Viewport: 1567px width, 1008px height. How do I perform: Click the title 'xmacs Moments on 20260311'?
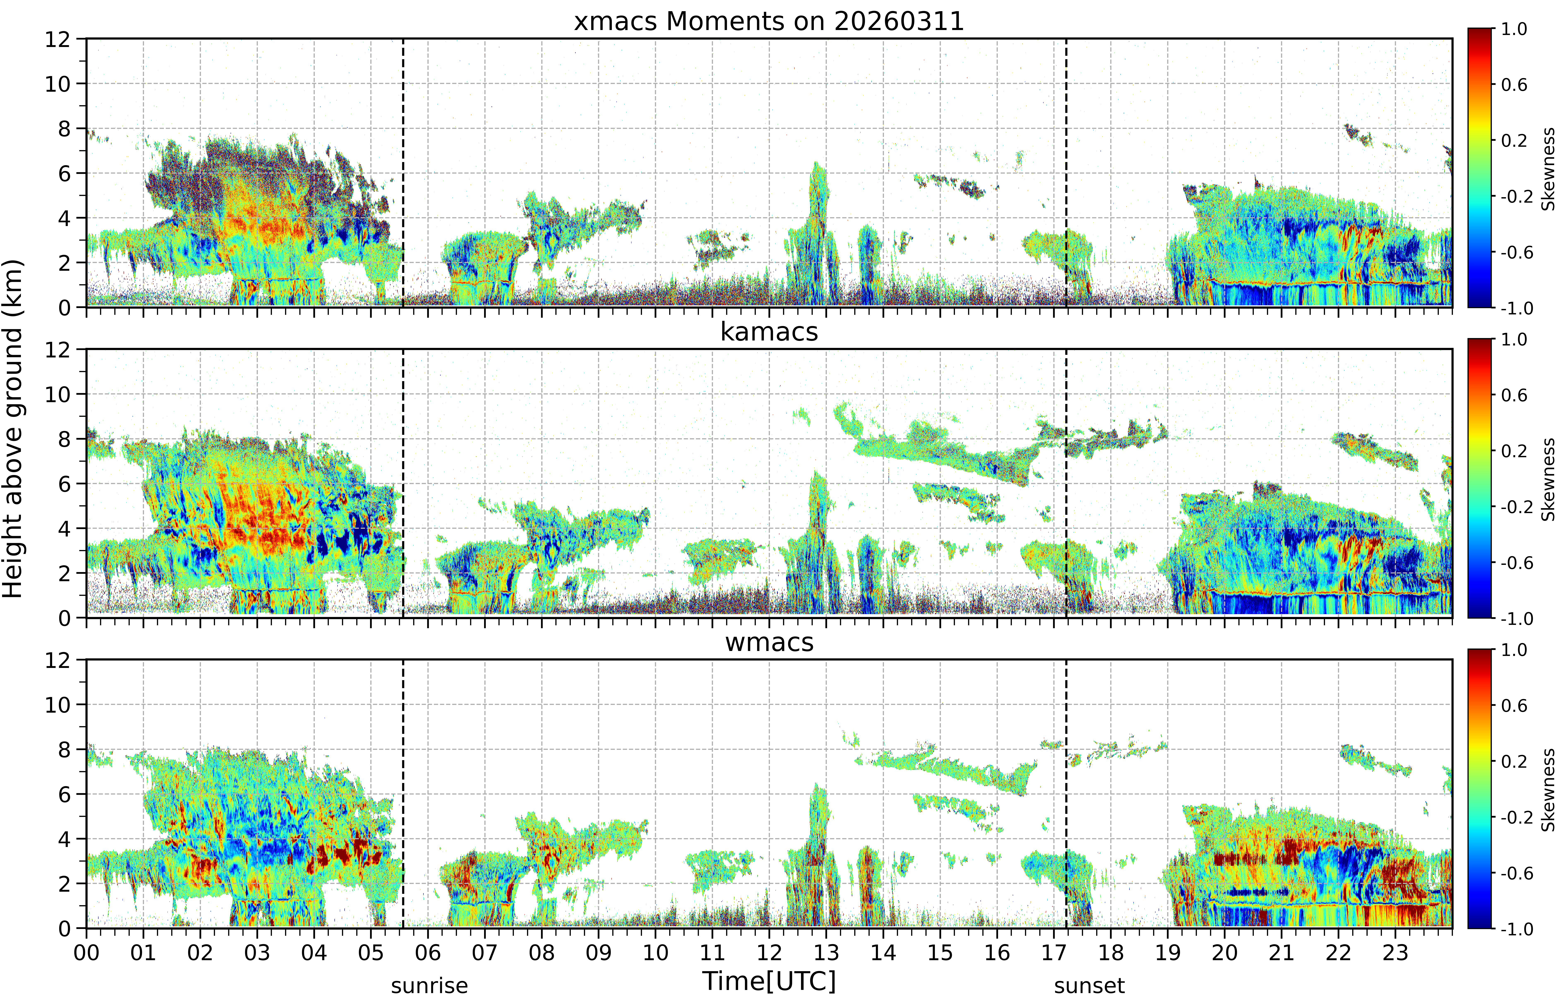click(x=769, y=22)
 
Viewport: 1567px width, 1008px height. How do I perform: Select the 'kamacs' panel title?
click(x=769, y=332)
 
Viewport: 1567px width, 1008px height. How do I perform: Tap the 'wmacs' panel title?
click(x=769, y=642)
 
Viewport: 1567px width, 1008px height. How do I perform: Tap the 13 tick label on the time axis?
click(x=826, y=952)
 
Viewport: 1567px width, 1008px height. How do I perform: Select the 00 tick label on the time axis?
click(x=86, y=952)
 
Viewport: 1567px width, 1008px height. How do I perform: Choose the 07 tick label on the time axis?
click(x=484, y=952)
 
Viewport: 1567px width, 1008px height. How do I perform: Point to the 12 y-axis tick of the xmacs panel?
click(x=58, y=39)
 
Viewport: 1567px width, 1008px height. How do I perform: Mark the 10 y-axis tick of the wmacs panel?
click(x=58, y=705)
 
